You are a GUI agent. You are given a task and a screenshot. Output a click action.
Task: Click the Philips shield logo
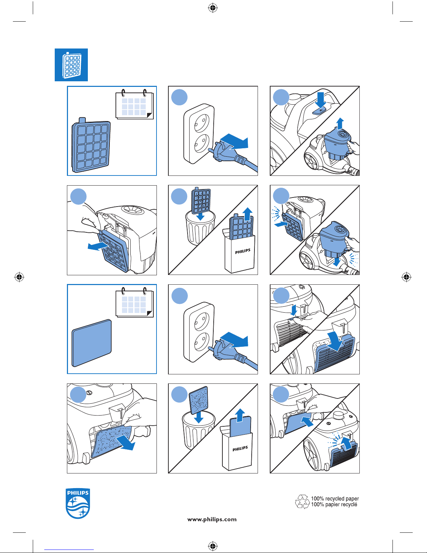[x=78, y=503]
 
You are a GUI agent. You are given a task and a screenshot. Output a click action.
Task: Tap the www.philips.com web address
[x=212, y=519]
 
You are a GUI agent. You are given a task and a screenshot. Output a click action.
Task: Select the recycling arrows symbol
[x=302, y=502]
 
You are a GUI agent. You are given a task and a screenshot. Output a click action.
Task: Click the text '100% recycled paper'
[x=335, y=499]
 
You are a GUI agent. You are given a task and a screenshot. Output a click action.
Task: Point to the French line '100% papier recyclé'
[x=334, y=505]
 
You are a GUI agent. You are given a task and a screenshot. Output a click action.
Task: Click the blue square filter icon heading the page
[x=71, y=65]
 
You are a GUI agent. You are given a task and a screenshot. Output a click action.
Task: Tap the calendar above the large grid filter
[x=134, y=105]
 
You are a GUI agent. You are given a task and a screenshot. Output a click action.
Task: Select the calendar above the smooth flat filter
[x=134, y=302]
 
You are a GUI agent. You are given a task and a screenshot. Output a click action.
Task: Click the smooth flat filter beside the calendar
[x=91, y=343]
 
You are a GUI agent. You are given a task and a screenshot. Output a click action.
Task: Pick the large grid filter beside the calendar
[x=91, y=146]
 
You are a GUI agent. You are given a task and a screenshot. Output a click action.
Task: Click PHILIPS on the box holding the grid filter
[x=243, y=251]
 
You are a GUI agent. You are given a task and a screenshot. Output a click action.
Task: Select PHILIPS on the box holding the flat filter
[x=240, y=448]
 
